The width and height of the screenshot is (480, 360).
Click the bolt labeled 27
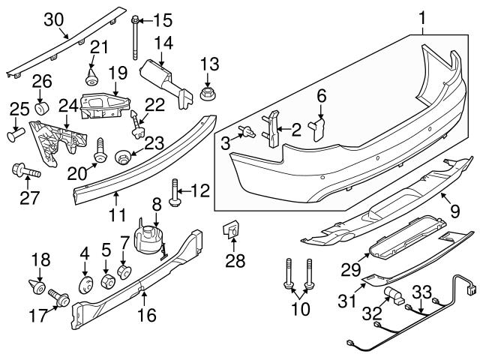point(22,172)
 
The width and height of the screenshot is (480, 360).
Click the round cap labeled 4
point(85,286)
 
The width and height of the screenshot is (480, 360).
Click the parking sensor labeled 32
point(391,295)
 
